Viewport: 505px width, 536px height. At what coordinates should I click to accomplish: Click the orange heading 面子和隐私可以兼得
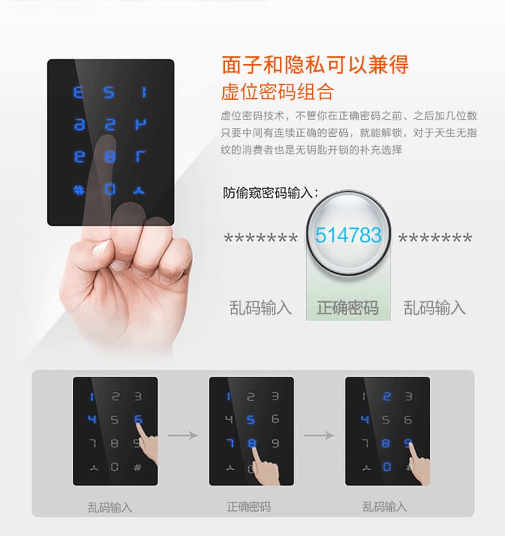[x=315, y=65]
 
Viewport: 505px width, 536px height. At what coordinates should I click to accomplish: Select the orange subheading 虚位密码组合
[x=277, y=91]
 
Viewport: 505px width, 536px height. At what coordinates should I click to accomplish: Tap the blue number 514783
[x=348, y=235]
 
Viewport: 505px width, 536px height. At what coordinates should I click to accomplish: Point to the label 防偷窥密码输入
[x=270, y=193]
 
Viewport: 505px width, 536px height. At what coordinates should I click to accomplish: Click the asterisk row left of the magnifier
[x=260, y=239]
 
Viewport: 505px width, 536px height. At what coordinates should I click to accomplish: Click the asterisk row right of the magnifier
[x=435, y=239]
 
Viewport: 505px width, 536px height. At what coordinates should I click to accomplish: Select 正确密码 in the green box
[x=348, y=308]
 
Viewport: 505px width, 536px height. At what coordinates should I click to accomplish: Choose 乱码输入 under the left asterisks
[x=260, y=308]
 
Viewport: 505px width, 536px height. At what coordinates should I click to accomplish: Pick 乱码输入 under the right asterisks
[x=435, y=308]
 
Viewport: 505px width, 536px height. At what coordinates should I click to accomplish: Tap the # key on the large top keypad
[x=79, y=189]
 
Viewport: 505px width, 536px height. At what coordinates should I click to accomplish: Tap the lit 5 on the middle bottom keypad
[x=251, y=420]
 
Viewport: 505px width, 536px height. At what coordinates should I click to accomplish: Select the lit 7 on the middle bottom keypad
[x=229, y=443]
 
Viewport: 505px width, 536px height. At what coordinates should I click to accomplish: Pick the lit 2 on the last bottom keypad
[x=387, y=397]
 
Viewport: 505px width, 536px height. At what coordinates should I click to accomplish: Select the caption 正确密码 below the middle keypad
[x=249, y=507]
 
